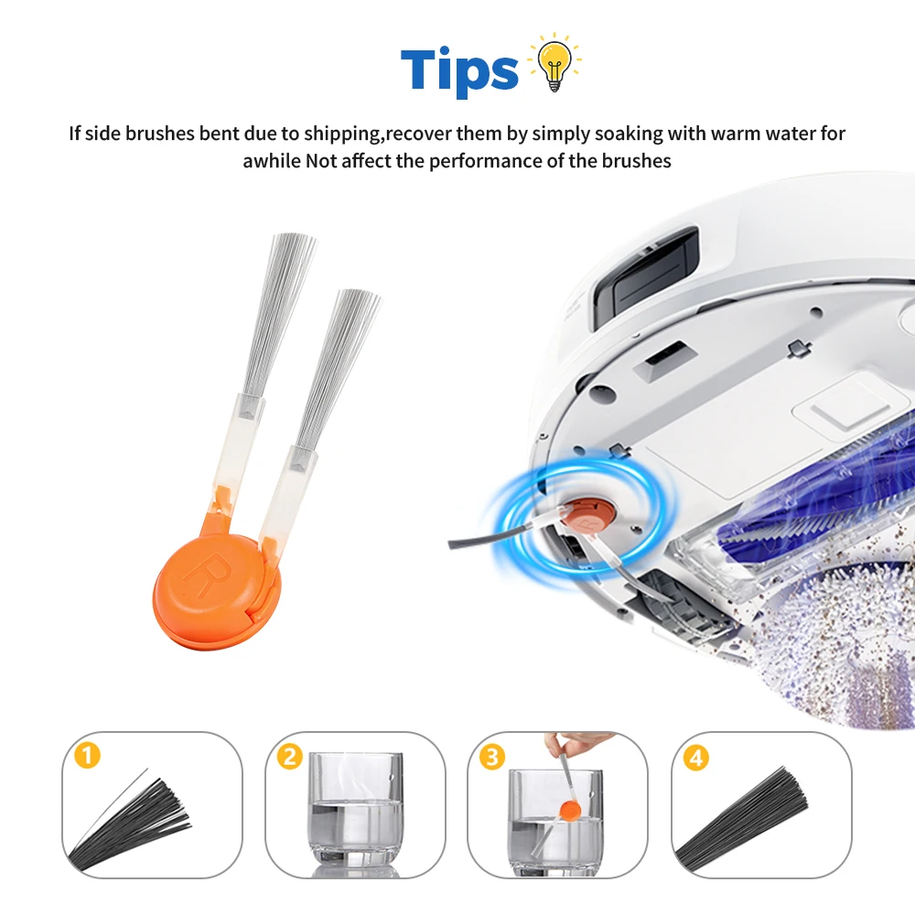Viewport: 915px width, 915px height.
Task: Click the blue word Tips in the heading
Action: [x=459, y=70]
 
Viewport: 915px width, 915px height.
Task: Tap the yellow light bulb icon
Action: [x=554, y=63]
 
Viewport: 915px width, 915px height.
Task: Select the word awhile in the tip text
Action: [x=272, y=160]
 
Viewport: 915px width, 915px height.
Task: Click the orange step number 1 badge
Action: [x=87, y=756]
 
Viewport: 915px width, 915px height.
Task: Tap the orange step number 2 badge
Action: [x=289, y=757]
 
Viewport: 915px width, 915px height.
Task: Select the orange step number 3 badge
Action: [x=492, y=758]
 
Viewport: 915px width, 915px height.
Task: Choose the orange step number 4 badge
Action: [x=695, y=758]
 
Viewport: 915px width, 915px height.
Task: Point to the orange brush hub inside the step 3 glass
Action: [x=568, y=810]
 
